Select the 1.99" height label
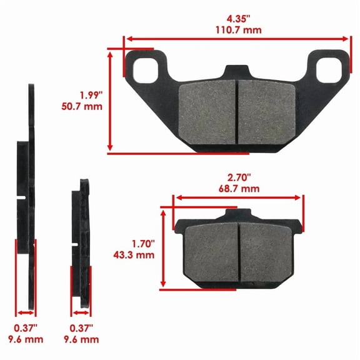pos(90,95)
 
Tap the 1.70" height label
pos(144,242)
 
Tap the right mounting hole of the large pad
pos(327,66)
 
